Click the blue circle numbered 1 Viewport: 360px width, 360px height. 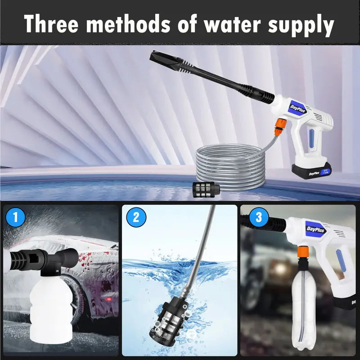pyautogui.click(x=16, y=218)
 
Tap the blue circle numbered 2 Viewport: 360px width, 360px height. pyautogui.click(x=136, y=218)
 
